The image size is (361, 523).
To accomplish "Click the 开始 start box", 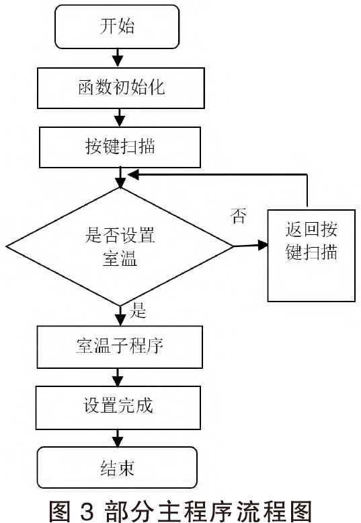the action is click(x=117, y=27).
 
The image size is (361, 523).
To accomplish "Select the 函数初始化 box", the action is click(x=120, y=88).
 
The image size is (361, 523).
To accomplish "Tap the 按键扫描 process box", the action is click(x=120, y=147).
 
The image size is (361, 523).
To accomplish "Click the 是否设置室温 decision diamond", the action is click(x=120, y=246).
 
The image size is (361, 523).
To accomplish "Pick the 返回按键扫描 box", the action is click(x=311, y=256).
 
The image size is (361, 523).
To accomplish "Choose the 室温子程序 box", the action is click(x=120, y=347).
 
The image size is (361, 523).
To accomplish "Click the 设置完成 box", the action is click(x=118, y=408).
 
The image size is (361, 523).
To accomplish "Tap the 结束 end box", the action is click(x=117, y=468).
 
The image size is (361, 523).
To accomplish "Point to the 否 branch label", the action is click(x=239, y=215).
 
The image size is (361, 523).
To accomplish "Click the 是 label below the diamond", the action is click(x=138, y=310).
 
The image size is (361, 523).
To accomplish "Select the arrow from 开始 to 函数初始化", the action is click(x=117, y=58).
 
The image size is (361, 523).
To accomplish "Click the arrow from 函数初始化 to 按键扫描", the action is click(x=119, y=117).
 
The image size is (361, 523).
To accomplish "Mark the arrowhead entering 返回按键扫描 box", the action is click(x=263, y=246).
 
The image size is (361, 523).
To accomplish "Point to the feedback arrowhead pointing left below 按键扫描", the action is click(x=133, y=174).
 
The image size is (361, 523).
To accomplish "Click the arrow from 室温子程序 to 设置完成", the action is click(x=118, y=377).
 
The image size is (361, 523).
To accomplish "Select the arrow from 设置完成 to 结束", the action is click(x=117, y=438).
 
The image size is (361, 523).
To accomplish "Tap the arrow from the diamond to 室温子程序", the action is click(x=120, y=316).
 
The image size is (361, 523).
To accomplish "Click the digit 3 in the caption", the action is click(x=87, y=510).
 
